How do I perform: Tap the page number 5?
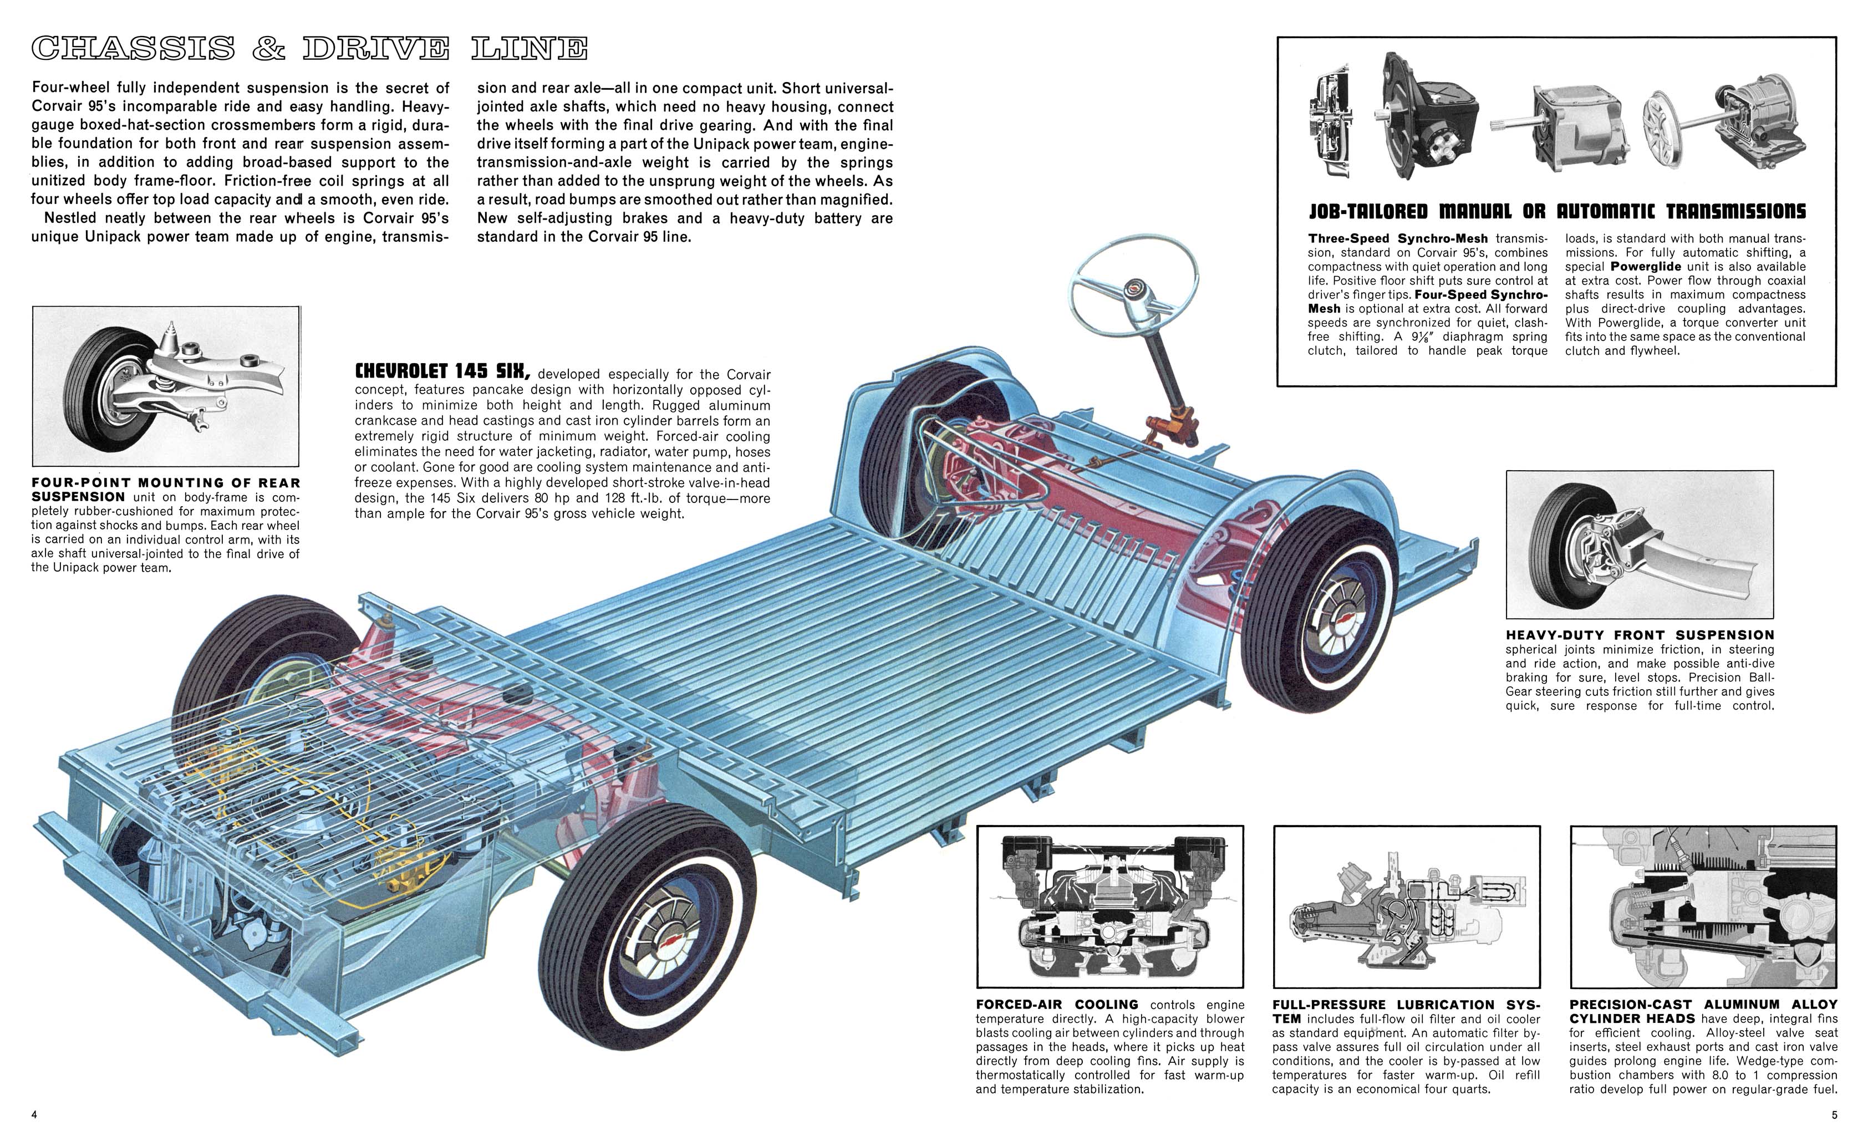[1834, 1114]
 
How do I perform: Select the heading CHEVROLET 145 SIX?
[442, 372]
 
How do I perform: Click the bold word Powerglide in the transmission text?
[1645, 267]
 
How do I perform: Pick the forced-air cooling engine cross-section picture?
[1110, 906]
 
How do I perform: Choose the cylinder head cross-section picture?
[1703, 906]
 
